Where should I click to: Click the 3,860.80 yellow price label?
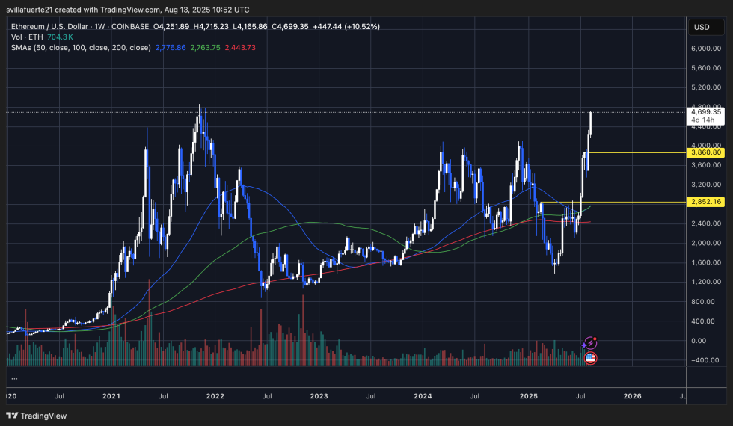pos(707,152)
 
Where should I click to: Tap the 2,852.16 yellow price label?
pos(707,202)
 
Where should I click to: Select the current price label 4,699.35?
pos(706,112)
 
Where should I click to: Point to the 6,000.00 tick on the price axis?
pos(706,49)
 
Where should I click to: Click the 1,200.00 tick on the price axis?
pos(706,282)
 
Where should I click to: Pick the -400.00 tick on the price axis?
pos(706,359)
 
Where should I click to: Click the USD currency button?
pos(702,27)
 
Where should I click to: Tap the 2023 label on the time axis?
pos(319,396)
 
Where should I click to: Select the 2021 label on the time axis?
pos(111,396)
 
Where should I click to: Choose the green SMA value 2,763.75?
pos(206,47)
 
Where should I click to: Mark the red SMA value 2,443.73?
pos(240,47)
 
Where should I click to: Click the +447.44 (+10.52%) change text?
pos(355,26)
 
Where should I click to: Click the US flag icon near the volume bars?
pos(589,358)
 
